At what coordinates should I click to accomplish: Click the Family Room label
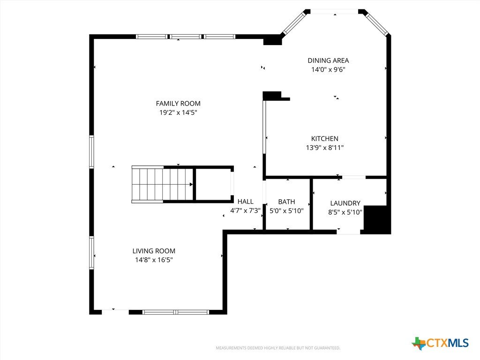[x=178, y=104]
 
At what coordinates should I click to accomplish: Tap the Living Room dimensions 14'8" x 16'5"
[x=154, y=260]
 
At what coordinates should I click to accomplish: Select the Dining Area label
[x=328, y=60]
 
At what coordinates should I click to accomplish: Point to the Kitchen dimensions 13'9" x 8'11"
[x=325, y=148]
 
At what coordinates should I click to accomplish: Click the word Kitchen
[x=325, y=139]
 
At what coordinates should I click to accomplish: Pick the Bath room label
[x=286, y=202]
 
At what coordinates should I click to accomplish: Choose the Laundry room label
[x=345, y=203]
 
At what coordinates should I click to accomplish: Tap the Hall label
[x=246, y=202]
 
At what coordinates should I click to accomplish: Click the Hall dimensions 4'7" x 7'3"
[x=246, y=210]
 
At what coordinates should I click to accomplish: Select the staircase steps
[x=163, y=185]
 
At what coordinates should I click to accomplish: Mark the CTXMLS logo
[x=440, y=343]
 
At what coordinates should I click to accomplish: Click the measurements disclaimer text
[x=278, y=348]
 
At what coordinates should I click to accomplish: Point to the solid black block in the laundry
[x=376, y=218]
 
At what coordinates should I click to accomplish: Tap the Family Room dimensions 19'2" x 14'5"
[x=178, y=112]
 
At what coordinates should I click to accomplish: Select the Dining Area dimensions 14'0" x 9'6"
[x=328, y=69]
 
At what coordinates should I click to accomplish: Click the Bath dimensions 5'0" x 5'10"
[x=286, y=211]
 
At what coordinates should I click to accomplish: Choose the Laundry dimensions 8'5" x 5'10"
[x=345, y=212]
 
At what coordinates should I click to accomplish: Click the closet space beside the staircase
[x=213, y=185]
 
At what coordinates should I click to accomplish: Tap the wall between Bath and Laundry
[x=311, y=204]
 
